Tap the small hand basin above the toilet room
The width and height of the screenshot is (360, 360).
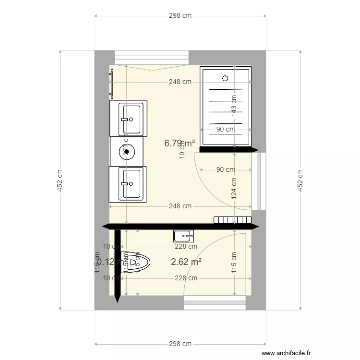click(183, 235)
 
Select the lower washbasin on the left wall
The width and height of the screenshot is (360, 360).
click(128, 183)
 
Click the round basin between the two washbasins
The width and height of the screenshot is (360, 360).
click(127, 151)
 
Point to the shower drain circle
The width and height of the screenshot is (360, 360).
click(225, 78)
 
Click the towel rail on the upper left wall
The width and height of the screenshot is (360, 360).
click(111, 84)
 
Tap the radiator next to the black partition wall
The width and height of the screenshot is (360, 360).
click(233, 220)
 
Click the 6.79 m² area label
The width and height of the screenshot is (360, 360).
click(179, 143)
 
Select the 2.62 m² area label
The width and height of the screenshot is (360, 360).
click(186, 262)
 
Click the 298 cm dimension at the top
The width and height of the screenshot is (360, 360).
click(180, 15)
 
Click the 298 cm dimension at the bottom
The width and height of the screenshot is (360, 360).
click(180, 344)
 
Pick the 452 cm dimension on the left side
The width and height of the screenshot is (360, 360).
click(60, 180)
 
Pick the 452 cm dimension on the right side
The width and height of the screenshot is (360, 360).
click(300, 180)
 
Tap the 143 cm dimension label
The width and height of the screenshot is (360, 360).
click(234, 106)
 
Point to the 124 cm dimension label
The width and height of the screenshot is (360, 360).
click(234, 188)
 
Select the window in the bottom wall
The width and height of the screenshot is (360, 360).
click(215, 303)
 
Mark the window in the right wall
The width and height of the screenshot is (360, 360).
click(262, 181)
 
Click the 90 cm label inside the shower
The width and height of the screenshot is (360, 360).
click(225, 129)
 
